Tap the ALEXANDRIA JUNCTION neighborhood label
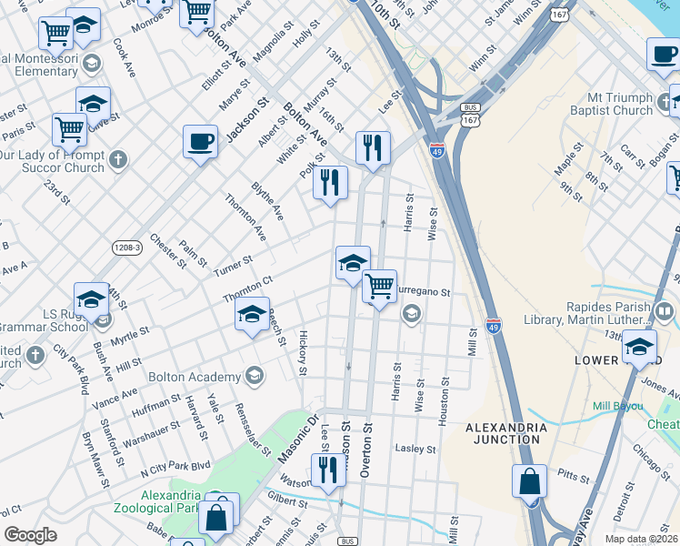click(x=505, y=433)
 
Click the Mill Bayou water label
click(x=616, y=405)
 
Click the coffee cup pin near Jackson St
click(x=200, y=142)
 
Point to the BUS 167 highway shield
click(x=470, y=114)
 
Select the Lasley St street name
click(x=416, y=449)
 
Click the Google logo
click(x=30, y=535)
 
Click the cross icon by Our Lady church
click(x=118, y=161)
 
